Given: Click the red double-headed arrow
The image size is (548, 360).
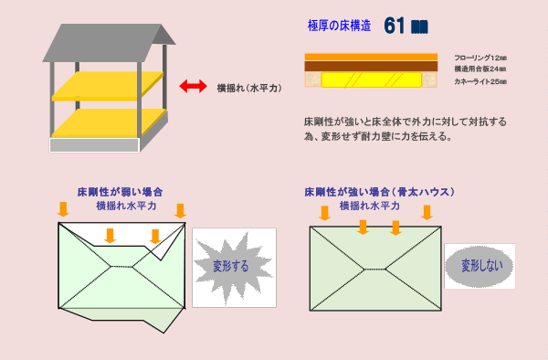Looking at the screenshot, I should click(192, 87).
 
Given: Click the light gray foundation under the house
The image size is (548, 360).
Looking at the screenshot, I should click(93, 144).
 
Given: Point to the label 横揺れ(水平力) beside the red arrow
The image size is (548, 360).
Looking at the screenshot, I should click(248, 88).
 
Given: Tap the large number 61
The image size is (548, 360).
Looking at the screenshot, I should click(395, 26).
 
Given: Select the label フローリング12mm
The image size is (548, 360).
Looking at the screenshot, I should click(479, 57).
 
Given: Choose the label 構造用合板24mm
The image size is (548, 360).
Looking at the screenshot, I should click(479, 69).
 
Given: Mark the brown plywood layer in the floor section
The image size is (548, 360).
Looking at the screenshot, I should click(371, 67).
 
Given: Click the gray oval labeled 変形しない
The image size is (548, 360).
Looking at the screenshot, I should click(479, 266).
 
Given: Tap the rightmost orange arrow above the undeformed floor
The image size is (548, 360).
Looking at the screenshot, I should click(427, 213).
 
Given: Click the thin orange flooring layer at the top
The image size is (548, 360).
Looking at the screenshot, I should click(371, 57).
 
